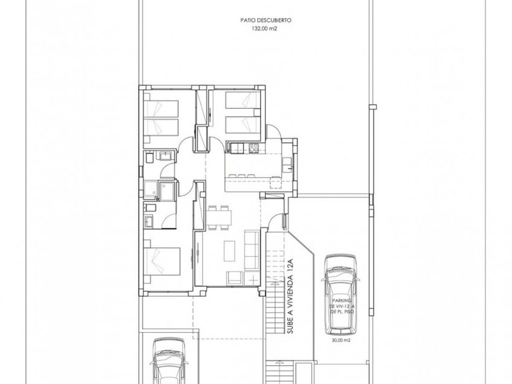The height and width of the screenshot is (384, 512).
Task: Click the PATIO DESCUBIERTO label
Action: pos(256,21)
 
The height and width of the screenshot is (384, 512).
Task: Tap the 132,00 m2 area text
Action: pos(256,29)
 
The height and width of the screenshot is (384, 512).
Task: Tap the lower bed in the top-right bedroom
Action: pos(241,124)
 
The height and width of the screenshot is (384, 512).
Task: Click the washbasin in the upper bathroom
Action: pos(165,156)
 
